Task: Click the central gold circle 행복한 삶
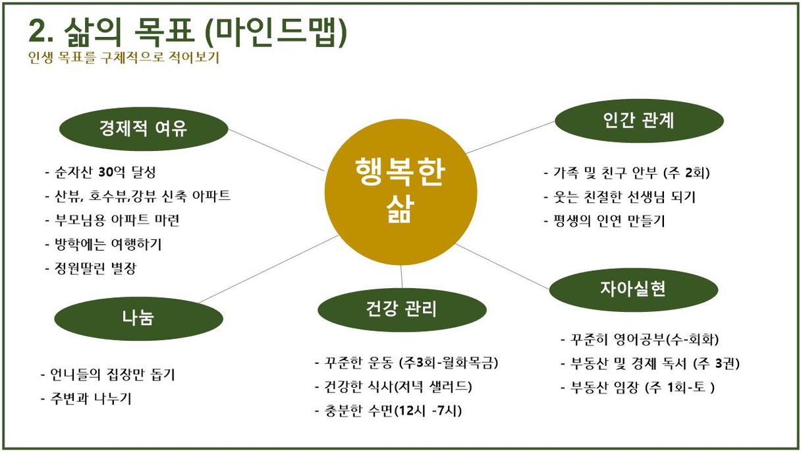tap(401, 192)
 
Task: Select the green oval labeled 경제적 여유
tap(144, 129)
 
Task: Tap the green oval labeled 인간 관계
tap(639, 121)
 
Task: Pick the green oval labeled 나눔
tap(139, 318)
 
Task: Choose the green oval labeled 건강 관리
tap(402, 310)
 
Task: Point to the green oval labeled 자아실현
tap(634, 289)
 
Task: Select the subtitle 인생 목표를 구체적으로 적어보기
tap(124, 57)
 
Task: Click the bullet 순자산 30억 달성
tap(101, 173)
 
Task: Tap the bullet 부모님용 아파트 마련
tap(112, 220)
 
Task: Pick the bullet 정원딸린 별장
tap(91, 268)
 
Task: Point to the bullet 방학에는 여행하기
tap(103, 244)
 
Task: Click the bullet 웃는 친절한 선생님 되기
tap(620, 197)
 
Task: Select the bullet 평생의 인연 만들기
tap(604, 221)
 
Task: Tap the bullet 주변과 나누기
tap(86, 398)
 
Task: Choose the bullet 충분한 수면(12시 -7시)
tap(389, 411)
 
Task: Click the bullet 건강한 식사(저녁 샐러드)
tap(393, 386)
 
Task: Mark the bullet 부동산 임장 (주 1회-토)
tap(638, 388)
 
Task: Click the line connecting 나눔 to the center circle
tap(268, 269)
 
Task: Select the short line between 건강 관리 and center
tap(401, 276)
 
